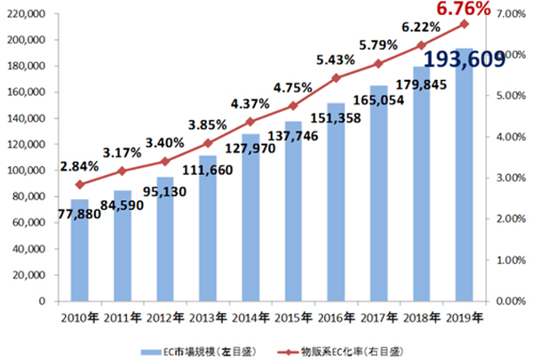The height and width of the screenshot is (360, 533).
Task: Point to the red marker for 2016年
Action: pos(336,78)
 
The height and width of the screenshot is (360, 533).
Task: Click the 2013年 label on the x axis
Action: pos(208,317)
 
